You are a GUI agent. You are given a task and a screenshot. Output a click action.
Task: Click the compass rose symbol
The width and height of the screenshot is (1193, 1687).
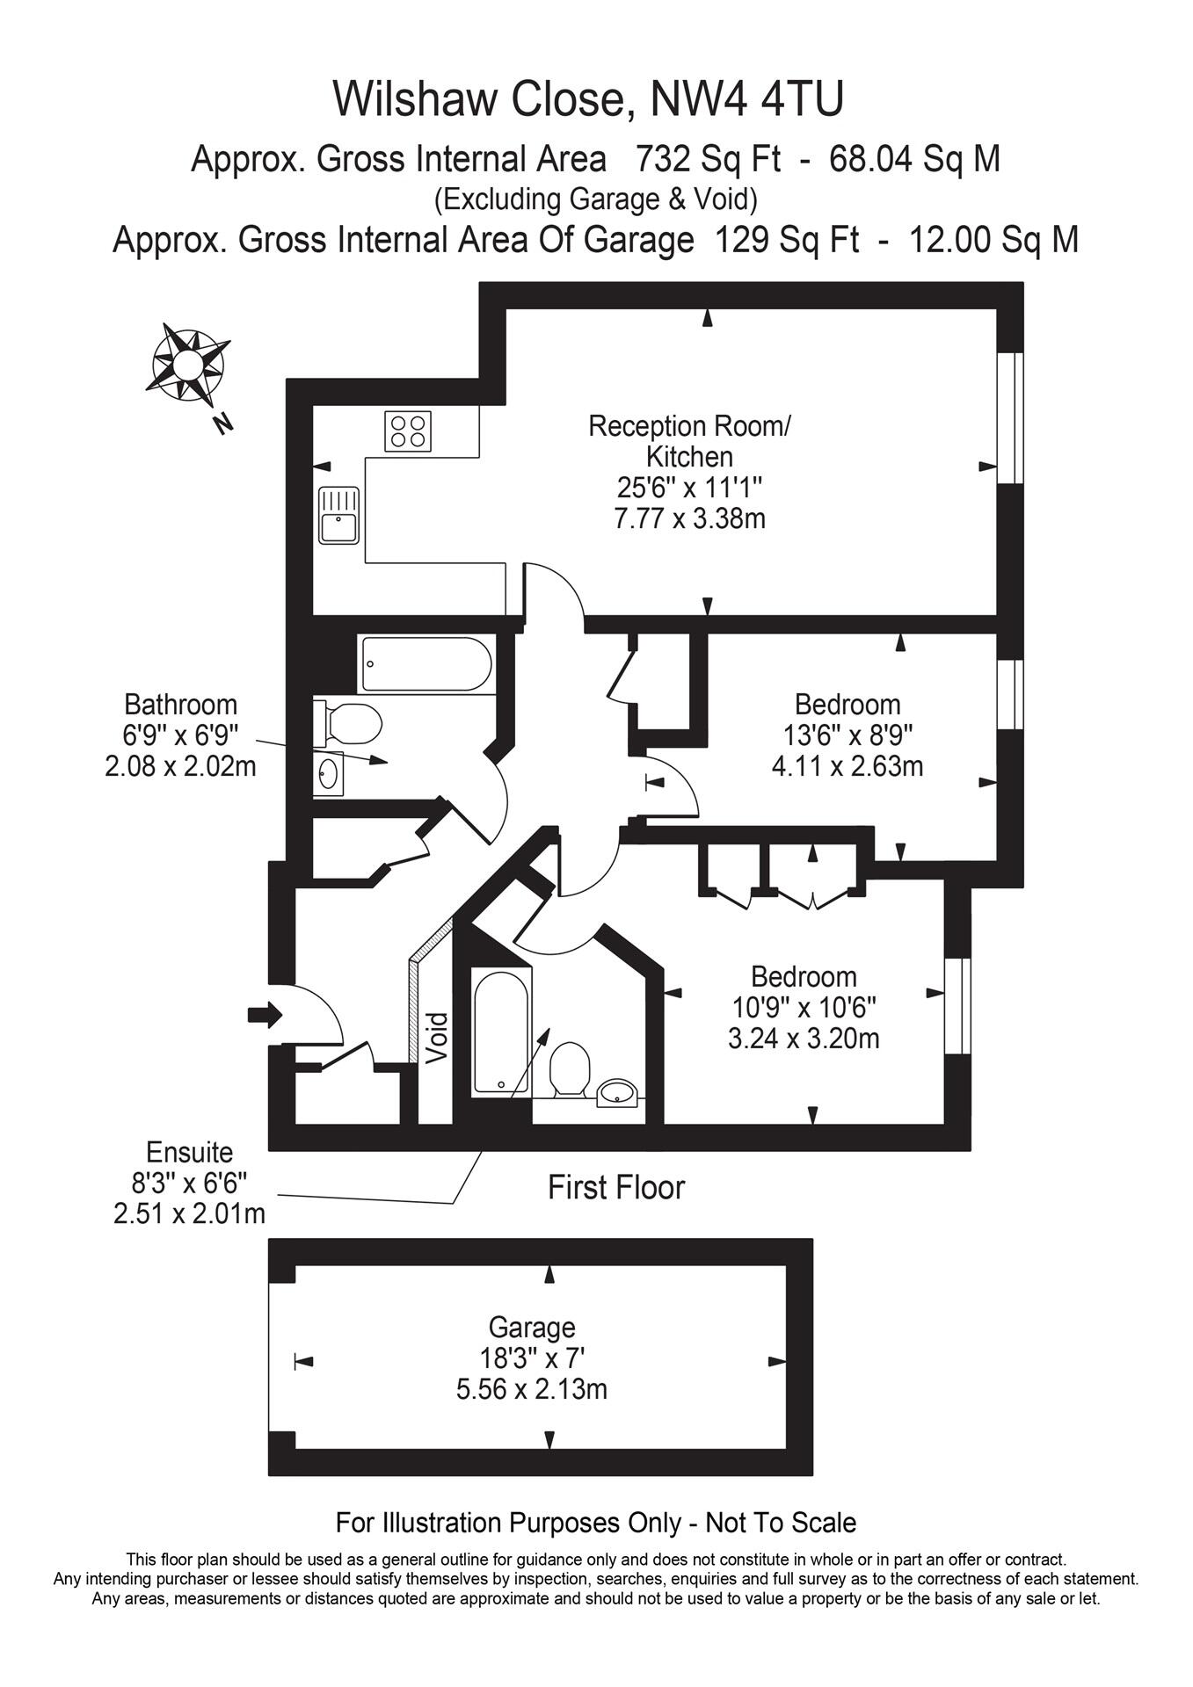(187, 364)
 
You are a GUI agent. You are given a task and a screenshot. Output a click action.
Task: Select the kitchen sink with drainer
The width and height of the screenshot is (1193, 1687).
(338, 516)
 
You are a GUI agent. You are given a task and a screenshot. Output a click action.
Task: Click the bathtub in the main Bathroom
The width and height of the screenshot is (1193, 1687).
(426, 665)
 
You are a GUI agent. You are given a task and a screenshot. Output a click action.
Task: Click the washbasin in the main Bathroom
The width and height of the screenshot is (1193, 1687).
(329, 774)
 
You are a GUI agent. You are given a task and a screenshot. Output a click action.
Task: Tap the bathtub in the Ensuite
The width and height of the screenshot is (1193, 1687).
(500, 1031)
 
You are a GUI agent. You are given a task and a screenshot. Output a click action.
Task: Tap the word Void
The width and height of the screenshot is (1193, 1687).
(437, 1039)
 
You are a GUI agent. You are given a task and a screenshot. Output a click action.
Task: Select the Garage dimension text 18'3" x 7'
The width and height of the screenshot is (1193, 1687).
(532, 1358)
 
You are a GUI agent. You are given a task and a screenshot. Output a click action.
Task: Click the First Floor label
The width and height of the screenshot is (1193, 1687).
(615, 1188)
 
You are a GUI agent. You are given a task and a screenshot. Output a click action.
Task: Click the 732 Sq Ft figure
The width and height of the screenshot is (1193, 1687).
(708, 160)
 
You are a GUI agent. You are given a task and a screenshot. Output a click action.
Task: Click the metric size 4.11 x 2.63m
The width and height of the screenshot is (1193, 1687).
(847, 766)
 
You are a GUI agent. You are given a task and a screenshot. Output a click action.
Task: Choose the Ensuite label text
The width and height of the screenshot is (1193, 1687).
(189, 1152)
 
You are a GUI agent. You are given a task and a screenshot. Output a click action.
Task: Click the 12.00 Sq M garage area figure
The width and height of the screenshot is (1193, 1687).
(993, 240)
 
